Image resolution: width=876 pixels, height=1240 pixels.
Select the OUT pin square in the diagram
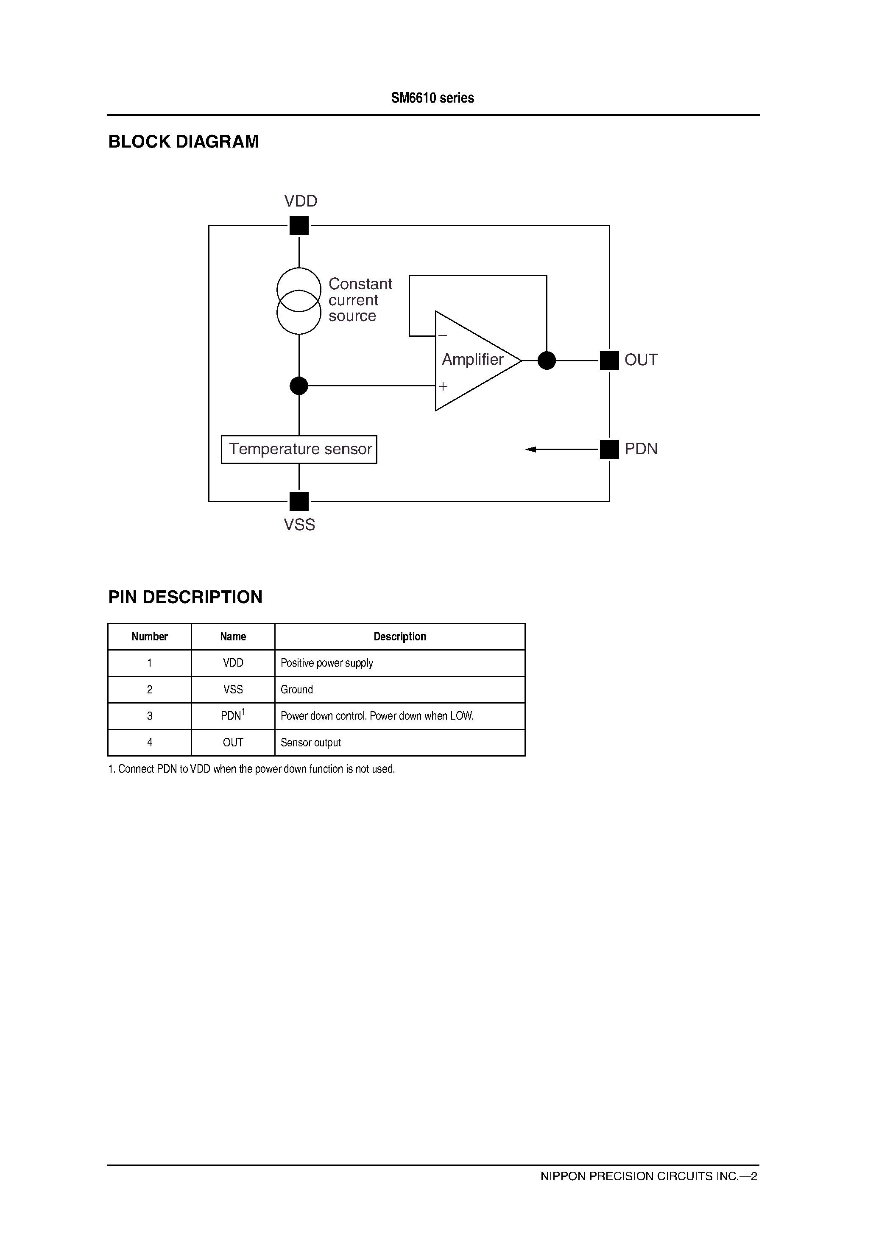(609, 360)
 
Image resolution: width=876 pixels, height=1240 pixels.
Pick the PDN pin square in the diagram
(609, 449)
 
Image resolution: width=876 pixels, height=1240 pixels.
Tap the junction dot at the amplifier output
(547, 360)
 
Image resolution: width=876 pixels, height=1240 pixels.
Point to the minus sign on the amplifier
(443, 336)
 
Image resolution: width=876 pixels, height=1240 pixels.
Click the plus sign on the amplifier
(443, 386)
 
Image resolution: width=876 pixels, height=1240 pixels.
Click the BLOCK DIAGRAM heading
(184, 142)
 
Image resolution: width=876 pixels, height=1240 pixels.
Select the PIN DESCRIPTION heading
(185, 597)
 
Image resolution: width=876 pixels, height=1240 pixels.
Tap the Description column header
(400, 637)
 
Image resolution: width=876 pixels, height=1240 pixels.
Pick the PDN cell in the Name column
(233, 716)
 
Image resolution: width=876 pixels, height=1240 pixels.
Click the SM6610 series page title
(432, 98)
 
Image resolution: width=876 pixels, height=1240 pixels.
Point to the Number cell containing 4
(150, 743)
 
